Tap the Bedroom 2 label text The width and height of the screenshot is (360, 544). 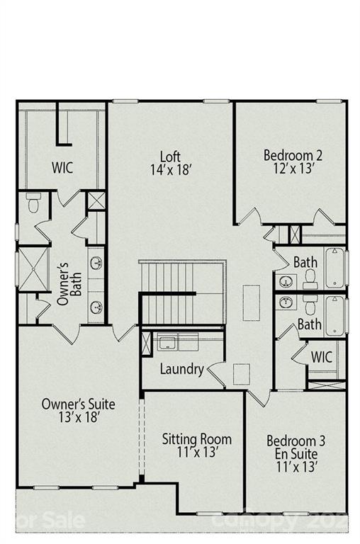coord(293,154)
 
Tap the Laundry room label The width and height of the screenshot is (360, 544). coord(181,369)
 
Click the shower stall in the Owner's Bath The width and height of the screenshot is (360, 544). coord(31,268)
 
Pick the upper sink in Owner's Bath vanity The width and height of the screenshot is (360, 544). coord(96,263)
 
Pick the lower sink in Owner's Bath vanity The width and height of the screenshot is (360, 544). coord(96,307)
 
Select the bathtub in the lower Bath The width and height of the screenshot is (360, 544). coord(334,314)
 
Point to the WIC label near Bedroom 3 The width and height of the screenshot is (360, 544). coord(322,357)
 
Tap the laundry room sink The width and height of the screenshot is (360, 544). coord(167,344)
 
